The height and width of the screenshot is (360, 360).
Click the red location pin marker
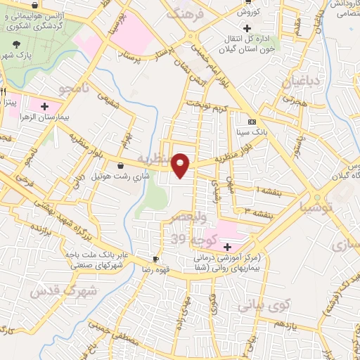point(182,165)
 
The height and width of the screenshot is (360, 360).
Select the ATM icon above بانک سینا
point(252,121)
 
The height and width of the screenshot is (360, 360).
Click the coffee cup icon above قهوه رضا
point(156,258)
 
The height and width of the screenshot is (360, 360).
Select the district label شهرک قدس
point(49,290)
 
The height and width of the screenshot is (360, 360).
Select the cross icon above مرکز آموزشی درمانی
point(226,247)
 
